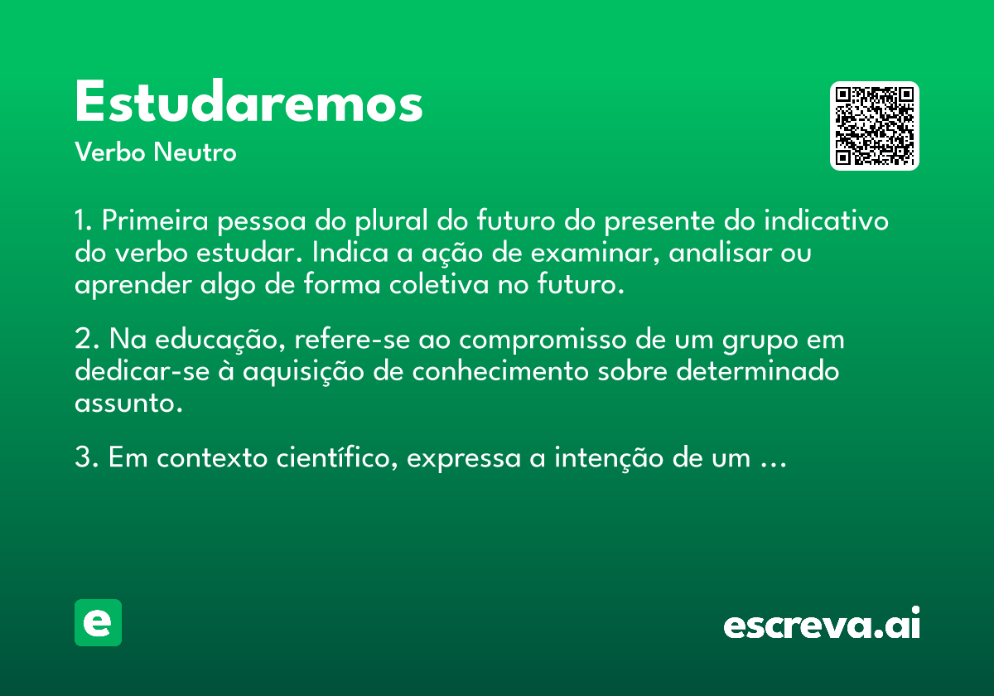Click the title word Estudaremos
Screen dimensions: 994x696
point(248,101)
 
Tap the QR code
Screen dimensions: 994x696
point(874,126)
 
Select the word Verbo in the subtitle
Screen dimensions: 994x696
point(110,152)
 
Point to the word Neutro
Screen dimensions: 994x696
point(195,152)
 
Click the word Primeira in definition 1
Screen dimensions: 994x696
point(155,220)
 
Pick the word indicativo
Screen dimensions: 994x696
point(826,220)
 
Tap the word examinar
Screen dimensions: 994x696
point(595,253)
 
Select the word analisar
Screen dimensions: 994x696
point(721,253)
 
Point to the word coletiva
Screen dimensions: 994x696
point(439,284)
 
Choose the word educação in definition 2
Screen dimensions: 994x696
point(220,341)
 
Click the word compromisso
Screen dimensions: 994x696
point(543,341)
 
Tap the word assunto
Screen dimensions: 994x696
point(128,403)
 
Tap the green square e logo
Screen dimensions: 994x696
point(98,622)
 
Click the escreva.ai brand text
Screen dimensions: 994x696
point(822,622)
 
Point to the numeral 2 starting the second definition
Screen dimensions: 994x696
point(83,339)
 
